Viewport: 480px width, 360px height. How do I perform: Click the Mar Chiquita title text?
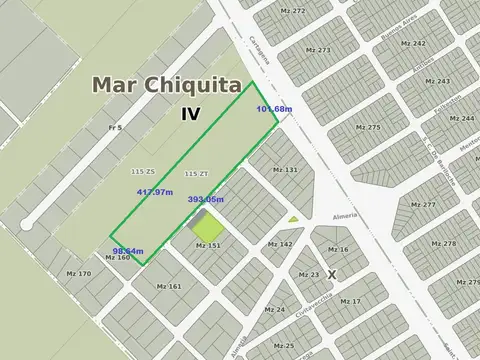click(x=171, y=85)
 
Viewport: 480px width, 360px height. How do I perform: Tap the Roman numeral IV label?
click(x=190, y=114)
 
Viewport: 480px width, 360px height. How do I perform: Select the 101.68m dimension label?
click(x=274, y=109)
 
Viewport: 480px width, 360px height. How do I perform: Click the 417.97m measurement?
click(x=154, y=192)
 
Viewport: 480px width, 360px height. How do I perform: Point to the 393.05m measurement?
click(x=206, y=200)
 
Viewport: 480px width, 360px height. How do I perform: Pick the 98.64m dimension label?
click(x=128, y=250)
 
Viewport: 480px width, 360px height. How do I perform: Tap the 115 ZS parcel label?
click(x=142, y=172)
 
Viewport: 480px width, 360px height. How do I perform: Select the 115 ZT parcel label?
click(x=196, y=173)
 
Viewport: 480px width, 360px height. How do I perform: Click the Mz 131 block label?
click(x=285, y=170)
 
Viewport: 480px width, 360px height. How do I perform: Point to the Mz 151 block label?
click(x=208, y=245)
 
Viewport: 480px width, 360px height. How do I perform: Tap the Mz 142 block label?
click(x=280, y=244)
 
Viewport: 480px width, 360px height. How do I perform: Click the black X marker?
click(x=332, y=273)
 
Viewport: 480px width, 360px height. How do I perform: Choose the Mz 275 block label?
click(x=368, y=127)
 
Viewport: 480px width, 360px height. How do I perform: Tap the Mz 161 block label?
click(x=169, y=286)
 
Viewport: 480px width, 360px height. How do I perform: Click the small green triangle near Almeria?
click(x=293, y=219)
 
